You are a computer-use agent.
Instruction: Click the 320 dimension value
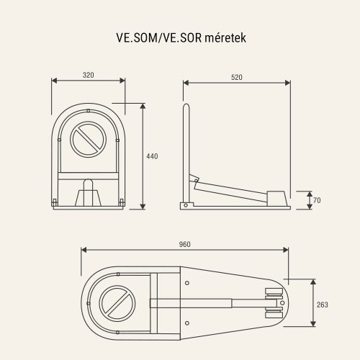point(89,74)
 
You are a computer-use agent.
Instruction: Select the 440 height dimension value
point(152,156)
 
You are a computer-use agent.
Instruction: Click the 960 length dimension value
point(184,244)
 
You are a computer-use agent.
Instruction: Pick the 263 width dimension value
point(322,305)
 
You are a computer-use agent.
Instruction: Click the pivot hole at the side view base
point(186,205)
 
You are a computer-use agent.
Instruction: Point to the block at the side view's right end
point(278,197)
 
